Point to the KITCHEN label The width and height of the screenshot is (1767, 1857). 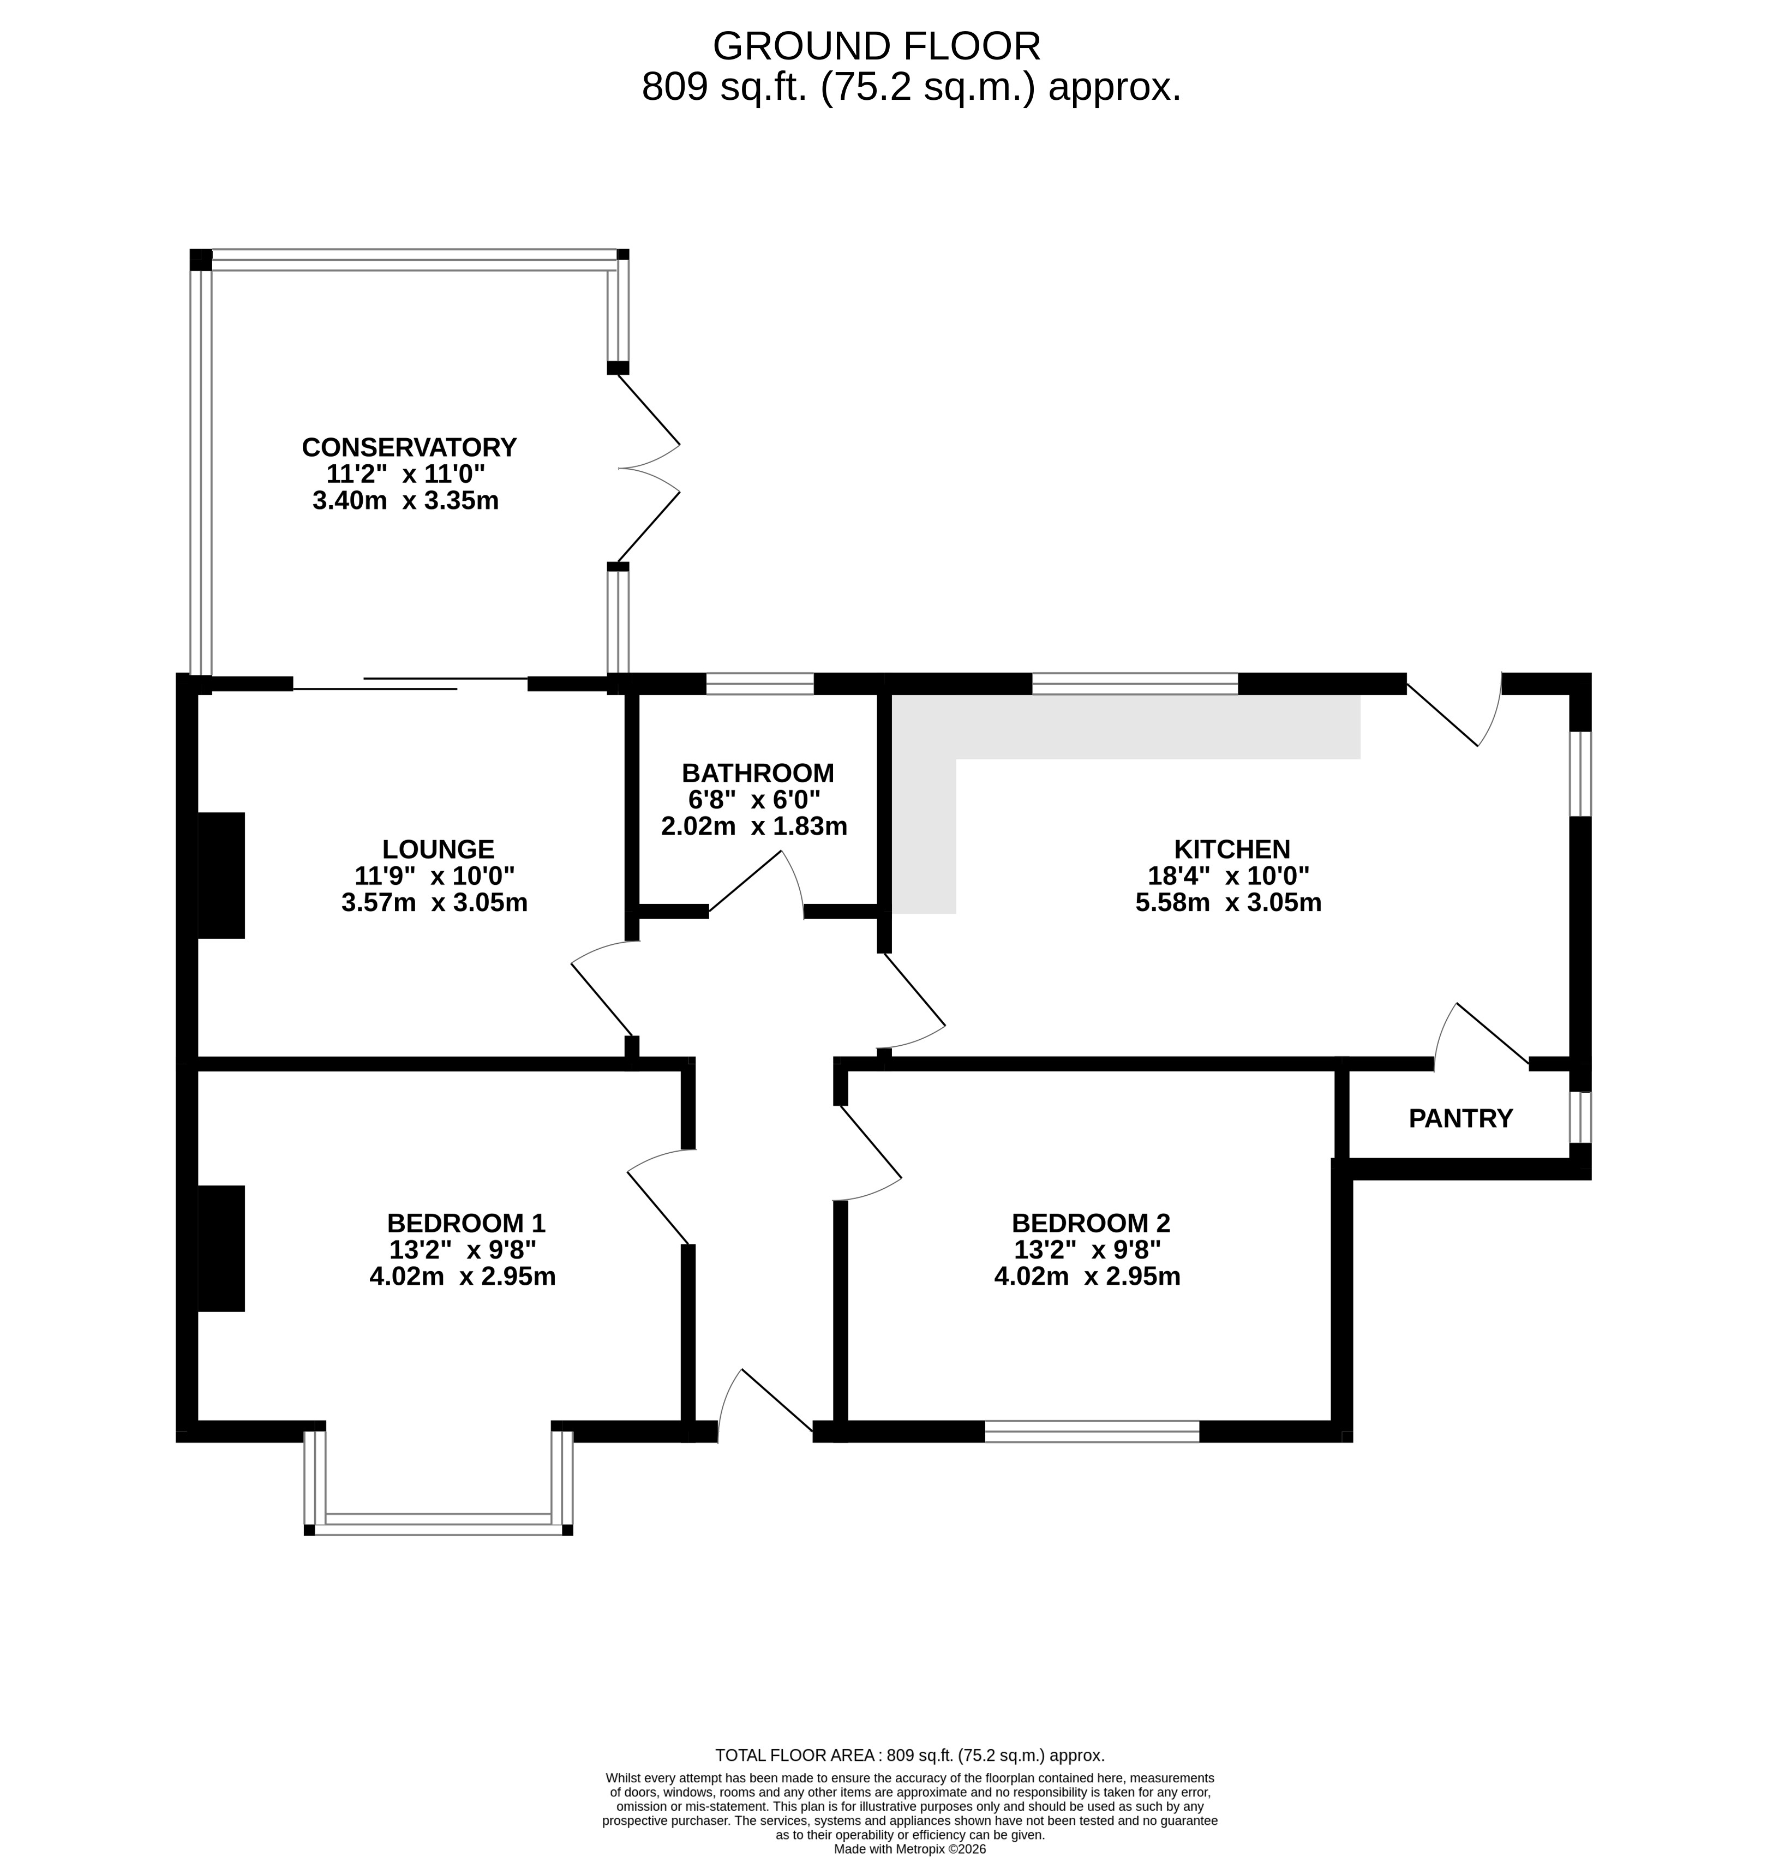pos(1231,849)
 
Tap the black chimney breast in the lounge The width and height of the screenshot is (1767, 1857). pos(221,875)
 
